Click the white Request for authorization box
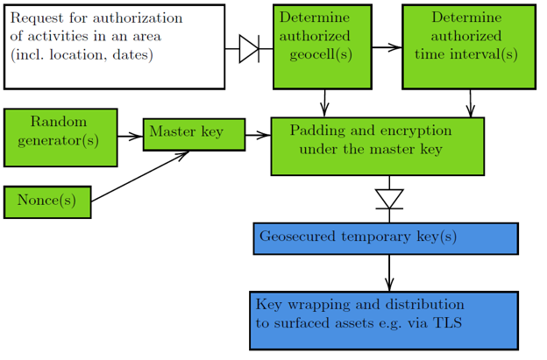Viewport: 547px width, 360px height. point(114,46)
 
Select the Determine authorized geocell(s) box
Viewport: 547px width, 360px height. point(322,46)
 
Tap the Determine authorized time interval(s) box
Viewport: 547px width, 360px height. point(469,46)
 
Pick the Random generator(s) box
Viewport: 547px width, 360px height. point(60,137)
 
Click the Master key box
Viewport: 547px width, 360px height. point(194,134)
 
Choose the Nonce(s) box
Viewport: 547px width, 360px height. point(47,201)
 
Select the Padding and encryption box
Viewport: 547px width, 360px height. point(377,146)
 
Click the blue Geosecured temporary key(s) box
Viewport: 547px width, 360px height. point(386,238)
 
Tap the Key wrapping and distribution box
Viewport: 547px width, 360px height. point(384,320)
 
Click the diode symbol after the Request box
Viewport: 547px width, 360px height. point(250,49)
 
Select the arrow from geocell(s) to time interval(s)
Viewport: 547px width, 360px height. point(387,48)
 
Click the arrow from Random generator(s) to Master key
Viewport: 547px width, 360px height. point(130,136)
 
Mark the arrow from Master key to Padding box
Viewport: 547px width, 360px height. point(258,136)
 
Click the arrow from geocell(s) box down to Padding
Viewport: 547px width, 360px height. point(325,102)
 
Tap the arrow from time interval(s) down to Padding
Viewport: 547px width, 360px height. point(471,102)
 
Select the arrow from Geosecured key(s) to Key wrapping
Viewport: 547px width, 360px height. point(389,272)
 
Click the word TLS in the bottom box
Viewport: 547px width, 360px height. point(447,323)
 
